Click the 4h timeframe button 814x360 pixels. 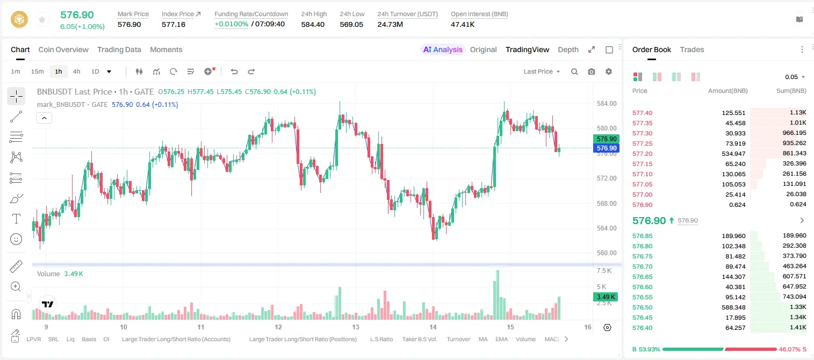pyautogui.click(x=76, y=71)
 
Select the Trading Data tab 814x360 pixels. pyautogui.click(x=119, y=49)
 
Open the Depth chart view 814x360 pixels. pyautogui.click(x=568, y=49)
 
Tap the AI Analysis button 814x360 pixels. pyautogui.click(x=443, y=49)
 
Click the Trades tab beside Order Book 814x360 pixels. pyautogui.click(x=692, y=49)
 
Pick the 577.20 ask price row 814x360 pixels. pyautogui.click(x=642, y=154)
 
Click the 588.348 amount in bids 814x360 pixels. pyautogui.click(x=733, y=307)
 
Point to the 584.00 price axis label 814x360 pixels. pyautogui.click(x=607, y=104)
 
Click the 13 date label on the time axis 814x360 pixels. pyautogui.click(x=355, y=327)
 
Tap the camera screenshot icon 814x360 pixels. pyautogui.click(x=592, y=71)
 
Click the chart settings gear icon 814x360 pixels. pyautogui.click(x=609, y=71)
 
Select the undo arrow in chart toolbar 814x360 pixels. pyautogui.click(x=234, y=71)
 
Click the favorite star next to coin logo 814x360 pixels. pyautogui.click(x=42, y=19)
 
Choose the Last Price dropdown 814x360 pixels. pyautogui.click(x=542, y=71)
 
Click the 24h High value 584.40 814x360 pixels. pyautogui.click(x=313, y=24)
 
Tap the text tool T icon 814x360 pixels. pyautogui.click(x=16, y=219)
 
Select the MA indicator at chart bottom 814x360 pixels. pyautogui.click(x=483, y=339)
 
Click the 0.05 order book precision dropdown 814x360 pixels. pyautogui.click(x=795, y=77)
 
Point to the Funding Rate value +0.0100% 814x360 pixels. pyautogui.click(x=231, y=24)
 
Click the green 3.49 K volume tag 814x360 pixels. pyautogui.click(x=606, y=297)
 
